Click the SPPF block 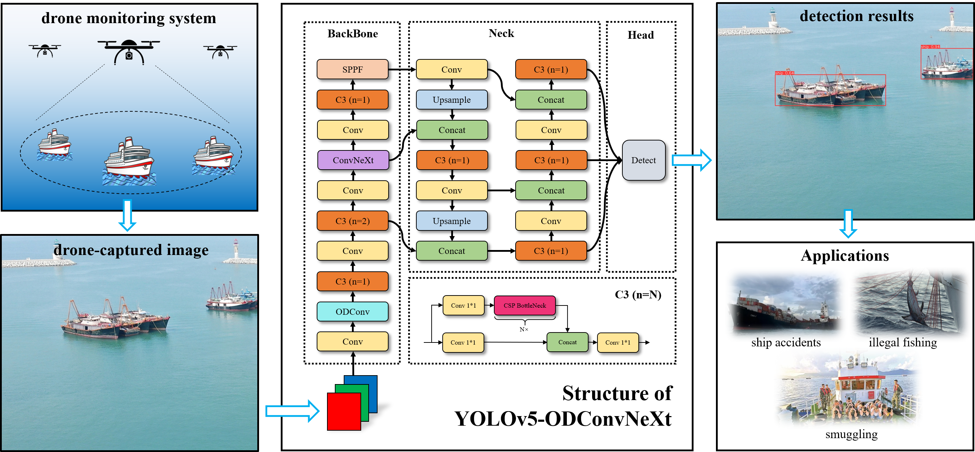pos(352,69)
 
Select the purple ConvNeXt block pos(353,160)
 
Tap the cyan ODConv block pos(352,311)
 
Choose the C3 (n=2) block pos(352,221)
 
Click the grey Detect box pos(643,160)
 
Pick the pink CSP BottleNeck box pos(525,305)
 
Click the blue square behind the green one pos(372,382)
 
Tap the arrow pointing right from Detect pos(691,160)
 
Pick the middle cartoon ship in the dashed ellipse pos(129,161)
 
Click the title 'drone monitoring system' pos(129,18)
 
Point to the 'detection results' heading pos(856,16)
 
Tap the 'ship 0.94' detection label pos(930,47)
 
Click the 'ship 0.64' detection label pos(784,73)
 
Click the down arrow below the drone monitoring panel pos(127,215)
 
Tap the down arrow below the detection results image pos(848,224)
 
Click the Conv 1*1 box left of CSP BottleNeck pos(463,305)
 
